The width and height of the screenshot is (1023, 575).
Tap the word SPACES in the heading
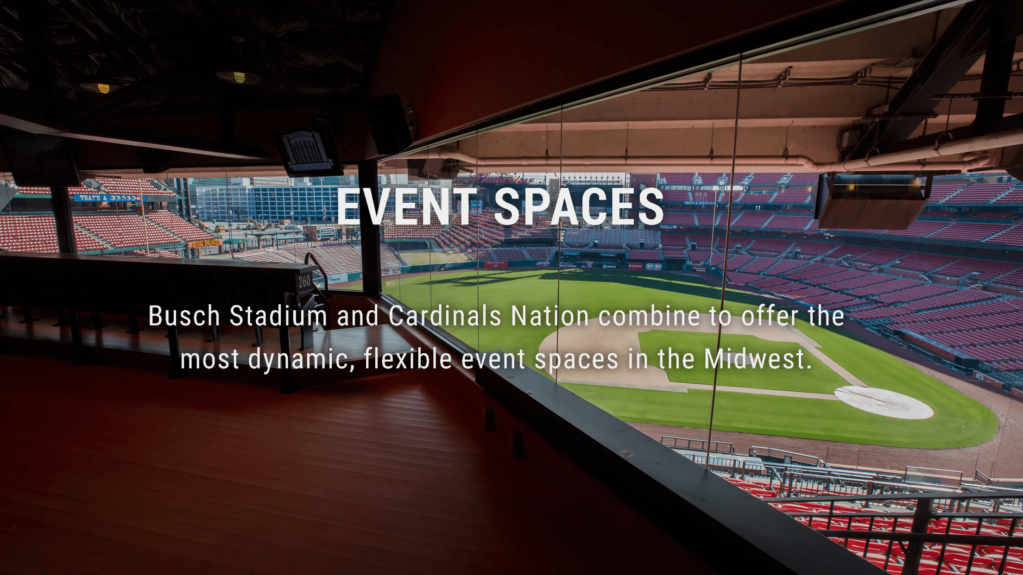pos(579,207)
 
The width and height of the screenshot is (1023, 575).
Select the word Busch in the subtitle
pos(184,316)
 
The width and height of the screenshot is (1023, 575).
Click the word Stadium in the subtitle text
pos(278,316)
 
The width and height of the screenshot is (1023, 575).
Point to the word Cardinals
pos(445,316)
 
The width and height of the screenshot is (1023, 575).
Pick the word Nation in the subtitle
pos(549,316)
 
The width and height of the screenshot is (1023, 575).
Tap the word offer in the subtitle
pos(770,316)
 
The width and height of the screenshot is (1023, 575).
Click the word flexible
pos(408,359)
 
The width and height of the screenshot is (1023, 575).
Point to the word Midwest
pos(758,359)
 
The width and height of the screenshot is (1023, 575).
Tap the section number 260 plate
pos(304,281)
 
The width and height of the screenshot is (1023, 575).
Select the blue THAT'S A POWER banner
pos(109,198)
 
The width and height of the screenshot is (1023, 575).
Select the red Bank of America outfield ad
pos(496,263)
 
